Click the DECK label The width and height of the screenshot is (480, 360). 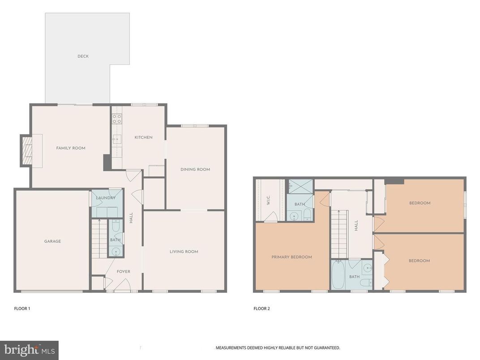point(83,56)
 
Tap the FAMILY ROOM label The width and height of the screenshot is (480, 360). point(70,148)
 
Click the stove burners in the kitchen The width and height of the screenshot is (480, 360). point(116,119)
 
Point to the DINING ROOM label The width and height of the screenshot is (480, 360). point(195,169)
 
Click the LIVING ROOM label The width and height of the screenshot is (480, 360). point(184,252)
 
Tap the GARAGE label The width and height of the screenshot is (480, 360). point(52,241)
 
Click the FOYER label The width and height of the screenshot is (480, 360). point(123,272)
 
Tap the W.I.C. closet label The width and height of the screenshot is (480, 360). point(268,201)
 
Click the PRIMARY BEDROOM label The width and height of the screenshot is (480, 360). point(291,257)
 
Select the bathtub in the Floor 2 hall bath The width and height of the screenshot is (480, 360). point(338,275)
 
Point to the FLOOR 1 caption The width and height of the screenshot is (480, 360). point(22,309)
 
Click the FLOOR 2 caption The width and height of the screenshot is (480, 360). point(261,309)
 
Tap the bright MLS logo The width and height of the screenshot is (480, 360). point(29,350)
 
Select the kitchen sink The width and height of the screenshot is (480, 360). point(117,139)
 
